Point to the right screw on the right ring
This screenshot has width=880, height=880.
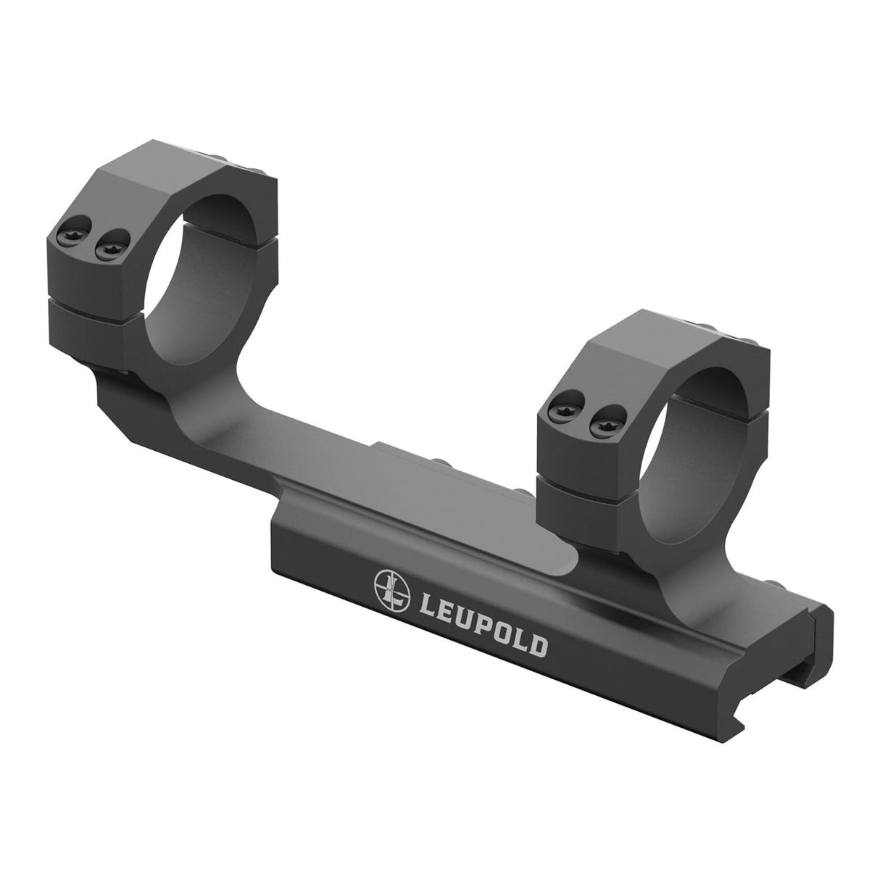(598, 428)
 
